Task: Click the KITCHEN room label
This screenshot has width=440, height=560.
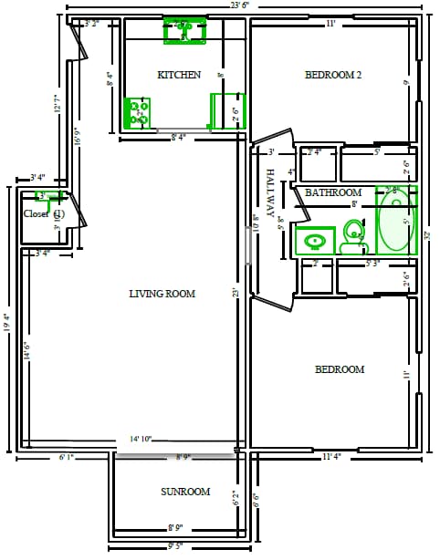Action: point(179,75)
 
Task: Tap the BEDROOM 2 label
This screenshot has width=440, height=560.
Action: point(333,76)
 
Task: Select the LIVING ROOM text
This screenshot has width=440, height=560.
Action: point(162,293)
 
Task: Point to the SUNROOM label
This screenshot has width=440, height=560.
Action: point(185,492)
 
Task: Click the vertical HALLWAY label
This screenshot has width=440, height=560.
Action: point(271,192)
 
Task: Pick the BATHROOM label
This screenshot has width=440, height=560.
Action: point(333,192)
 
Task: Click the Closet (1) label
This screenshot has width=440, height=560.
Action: point(43,213)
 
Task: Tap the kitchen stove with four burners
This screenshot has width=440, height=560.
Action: point(139,113)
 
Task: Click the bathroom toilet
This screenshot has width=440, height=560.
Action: point(352,240)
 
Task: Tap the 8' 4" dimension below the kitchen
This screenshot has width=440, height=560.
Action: point(181,138)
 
